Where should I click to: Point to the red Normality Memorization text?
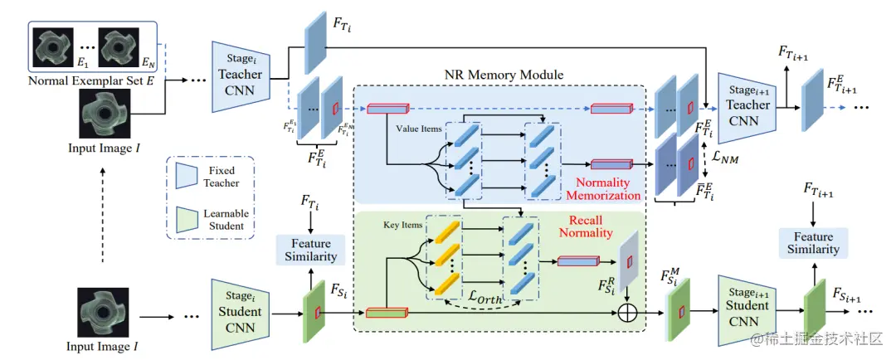click(603, 188)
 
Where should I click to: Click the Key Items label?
click(404, 225)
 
